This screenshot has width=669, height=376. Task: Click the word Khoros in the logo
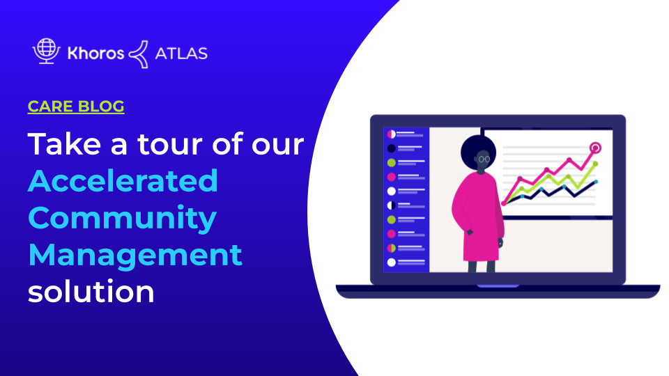click(x=95, y=53)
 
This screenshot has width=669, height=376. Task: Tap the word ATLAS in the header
click(x=181, y=53)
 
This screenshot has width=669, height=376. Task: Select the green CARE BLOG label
click(x=76, y=107)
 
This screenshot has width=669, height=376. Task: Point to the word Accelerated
click(x=123, y=181)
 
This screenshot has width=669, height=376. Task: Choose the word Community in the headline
click(x=122, y=217)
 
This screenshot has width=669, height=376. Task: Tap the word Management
click(x=135, y=254)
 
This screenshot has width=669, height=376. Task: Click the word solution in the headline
click(x=91, y=290)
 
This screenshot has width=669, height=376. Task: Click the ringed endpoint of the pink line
click(x=595, y=148)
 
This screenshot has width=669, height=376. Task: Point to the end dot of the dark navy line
click(x=596, y=182)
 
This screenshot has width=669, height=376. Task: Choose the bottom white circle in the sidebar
click(x=391, y=263)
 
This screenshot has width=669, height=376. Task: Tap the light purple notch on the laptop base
click(x=498, y=286)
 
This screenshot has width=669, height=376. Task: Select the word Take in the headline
click(x=59, y=145)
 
